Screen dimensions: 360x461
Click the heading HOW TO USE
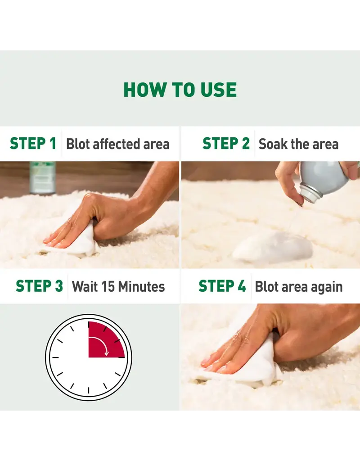pos(180,90)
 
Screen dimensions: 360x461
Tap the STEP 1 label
pos(33,144)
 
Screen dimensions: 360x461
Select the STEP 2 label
pos(226,144)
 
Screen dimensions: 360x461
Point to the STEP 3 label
pos(40,286)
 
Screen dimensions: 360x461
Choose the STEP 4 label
pos(222,286)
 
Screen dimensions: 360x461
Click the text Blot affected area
pos(118,144)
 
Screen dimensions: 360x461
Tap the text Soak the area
pos(299,144)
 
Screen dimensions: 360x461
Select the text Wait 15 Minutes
pos(118,287)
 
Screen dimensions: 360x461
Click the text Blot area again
pos(299,287)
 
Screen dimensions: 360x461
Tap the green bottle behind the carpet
pos(43,177)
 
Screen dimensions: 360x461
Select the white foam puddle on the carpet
pos(273,248)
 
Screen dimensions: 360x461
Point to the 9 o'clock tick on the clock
pos(55,357)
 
